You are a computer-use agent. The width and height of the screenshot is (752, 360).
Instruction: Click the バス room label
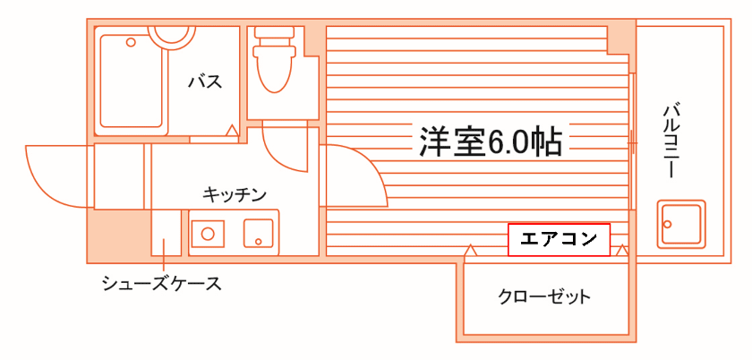(205, 82)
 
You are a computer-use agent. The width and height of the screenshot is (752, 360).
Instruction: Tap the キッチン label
(235, 193)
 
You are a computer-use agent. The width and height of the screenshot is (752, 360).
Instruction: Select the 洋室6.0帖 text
(490, 141)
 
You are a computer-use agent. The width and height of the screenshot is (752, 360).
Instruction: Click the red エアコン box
(559, 239)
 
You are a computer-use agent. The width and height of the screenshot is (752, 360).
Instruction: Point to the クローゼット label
(544, 296)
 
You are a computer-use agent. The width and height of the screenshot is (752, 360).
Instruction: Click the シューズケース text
(160, 285)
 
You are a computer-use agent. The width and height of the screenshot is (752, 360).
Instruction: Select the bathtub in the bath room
(131, 81)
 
